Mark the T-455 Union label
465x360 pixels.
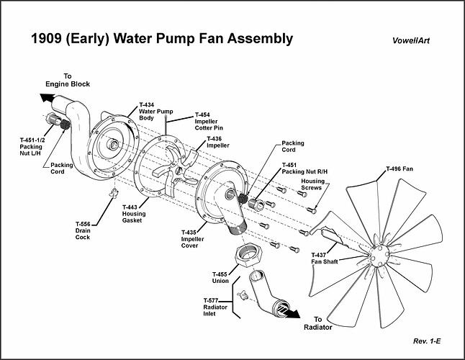tap(220, 279)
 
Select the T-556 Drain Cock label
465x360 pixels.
tap(83, 230)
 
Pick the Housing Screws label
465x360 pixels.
tap(313, 186)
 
